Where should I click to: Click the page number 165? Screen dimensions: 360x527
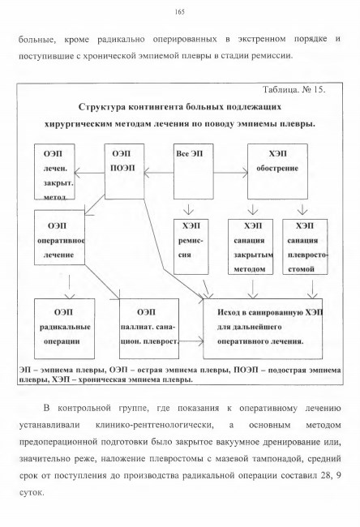[x=180, y=12]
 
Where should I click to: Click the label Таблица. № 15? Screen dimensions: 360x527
[x=294, y=90]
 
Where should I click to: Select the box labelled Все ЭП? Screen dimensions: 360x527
[x=193, y=171]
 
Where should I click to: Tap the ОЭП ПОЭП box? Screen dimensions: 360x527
[x=124, y=171]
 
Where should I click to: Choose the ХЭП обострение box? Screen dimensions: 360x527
[x=277, y=171]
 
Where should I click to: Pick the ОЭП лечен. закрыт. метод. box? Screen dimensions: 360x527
[x=54, y=172]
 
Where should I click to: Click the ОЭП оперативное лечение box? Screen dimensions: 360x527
[x=59, y=238]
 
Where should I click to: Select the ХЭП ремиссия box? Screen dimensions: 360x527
[x=191, y=246]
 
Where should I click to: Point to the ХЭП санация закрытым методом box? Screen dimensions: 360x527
[x=251, y=246]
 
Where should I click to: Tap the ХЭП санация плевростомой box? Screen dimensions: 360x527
[x=305, y=246]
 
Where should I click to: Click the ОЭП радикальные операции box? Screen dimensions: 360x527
[x=65, y=328]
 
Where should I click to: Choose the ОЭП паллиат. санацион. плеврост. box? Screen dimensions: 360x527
[x=149, y=328]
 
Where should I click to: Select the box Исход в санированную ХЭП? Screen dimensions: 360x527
[x=263, y=328]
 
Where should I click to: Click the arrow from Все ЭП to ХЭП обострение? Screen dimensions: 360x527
[x=230, y=173]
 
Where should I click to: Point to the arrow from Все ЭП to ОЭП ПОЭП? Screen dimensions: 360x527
[x=159, y=174]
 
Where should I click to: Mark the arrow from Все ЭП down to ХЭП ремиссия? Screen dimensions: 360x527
[x=189, y=208]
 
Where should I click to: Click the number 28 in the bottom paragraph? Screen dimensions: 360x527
[x=325, y=476]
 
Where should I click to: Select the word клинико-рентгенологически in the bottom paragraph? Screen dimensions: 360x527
[x=155, y=425]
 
